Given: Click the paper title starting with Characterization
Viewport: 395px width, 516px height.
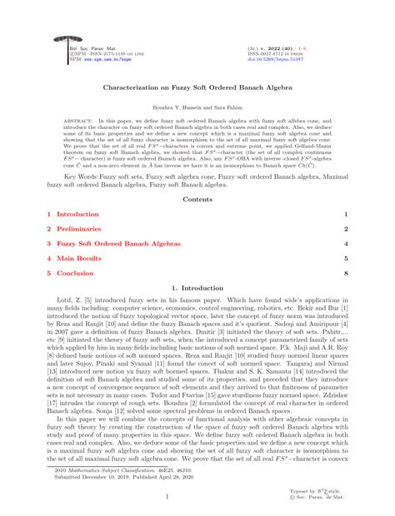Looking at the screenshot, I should [197, 85].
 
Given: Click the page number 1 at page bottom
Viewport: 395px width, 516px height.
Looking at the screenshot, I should [197, 497].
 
